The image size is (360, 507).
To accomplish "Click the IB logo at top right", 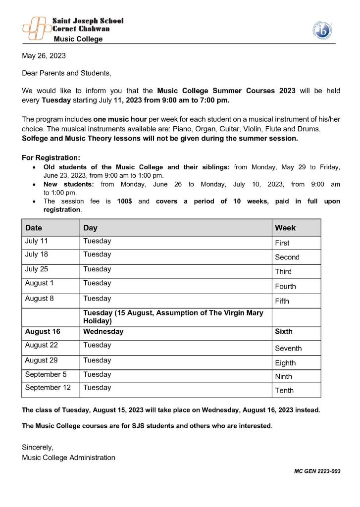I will pyautogui.click(x=322, y=30).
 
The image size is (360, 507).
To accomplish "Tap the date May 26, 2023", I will pyautogui.click(x=44, y=56).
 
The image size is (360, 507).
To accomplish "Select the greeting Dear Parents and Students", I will pyautogui.click(x=66, y=73).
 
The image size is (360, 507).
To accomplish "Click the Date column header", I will pyautogui.click(x=34, y=228).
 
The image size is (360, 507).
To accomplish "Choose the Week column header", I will pyautogui.click(x=285, y=228).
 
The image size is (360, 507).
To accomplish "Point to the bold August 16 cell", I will pyautogui.click(x=43, y=331).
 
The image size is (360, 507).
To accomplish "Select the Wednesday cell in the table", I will pyautogui.click(x=103, y=331).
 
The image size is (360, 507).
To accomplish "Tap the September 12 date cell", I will pyautogui.click(x=48, y=388).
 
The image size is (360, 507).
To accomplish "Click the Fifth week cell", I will pyautogui.click(x=282, y=301).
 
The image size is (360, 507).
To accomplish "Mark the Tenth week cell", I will pyautogui.click(x=284, y=391).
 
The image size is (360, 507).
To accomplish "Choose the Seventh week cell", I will pyautogui.click(x=288, y=349).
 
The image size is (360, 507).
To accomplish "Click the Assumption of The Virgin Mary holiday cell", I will pyautogui.click(x=173, y=317).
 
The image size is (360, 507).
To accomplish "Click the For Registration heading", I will pyautogui.click(x=51, y=158).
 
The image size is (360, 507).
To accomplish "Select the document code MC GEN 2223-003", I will pyautogui.click(x=317, y=471).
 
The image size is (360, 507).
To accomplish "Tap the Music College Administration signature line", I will pyautogui.click(x=68, y=457).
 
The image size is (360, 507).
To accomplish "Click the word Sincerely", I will pyautogui.click(x=38, y=447).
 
